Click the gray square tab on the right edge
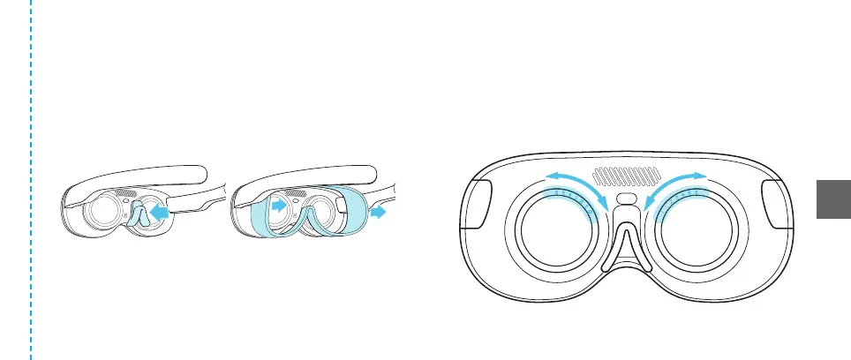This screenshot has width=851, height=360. click(831, 200)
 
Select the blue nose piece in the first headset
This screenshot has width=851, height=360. click(139, 217)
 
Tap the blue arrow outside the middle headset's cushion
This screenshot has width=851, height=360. click(380, 212)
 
